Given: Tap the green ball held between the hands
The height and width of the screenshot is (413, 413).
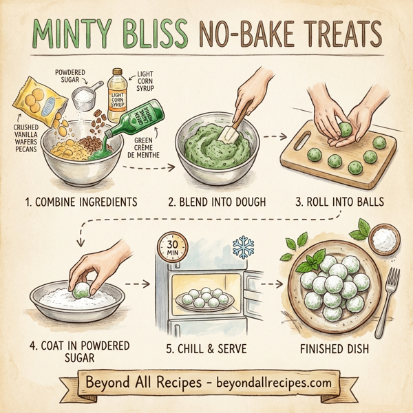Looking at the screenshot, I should point(344,128).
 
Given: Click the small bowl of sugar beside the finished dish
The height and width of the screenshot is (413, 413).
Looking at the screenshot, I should point(385,241).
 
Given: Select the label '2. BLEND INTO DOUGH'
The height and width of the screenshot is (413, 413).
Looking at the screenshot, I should point(219,203).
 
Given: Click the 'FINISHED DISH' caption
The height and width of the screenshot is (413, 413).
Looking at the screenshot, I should point(335,349).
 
